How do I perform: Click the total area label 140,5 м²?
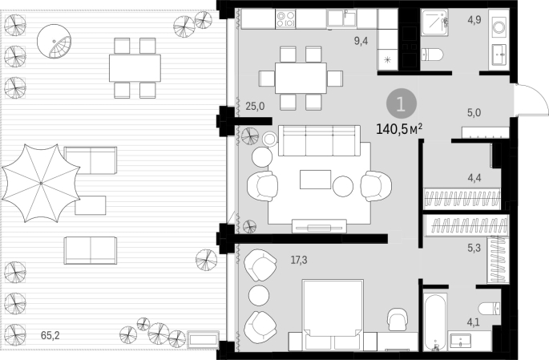[399, 129]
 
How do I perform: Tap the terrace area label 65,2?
[50, 335]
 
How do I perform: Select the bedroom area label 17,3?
[299, 260]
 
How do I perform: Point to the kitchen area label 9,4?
[361, 41]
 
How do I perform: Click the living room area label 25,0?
[255, 106]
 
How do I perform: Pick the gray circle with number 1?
[402, 104]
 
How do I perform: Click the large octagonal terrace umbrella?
[41, 183]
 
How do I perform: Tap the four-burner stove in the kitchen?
[285, 19]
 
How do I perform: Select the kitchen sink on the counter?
[341, 18]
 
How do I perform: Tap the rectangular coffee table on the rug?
[315, 180]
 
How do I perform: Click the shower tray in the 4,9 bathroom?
[434, 22]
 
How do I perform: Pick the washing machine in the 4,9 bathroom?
[499, 26]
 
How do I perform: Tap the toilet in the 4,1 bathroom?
[490, 308]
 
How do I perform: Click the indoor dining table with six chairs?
[301, 78]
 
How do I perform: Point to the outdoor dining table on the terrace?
[135, 68]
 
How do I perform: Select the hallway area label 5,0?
[474, 113]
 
